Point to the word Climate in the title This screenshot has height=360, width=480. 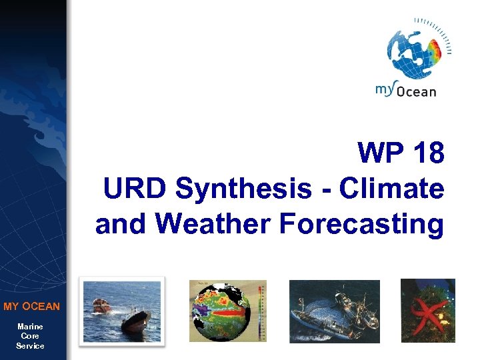391,189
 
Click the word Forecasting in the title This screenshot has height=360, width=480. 362,224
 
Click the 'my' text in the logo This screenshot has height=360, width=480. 385,89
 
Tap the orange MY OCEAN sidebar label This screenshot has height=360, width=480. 31,307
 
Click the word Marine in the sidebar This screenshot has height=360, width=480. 31,327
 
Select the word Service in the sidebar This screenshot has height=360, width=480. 31,346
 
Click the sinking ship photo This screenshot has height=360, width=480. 121,311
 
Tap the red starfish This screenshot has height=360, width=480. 427,311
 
